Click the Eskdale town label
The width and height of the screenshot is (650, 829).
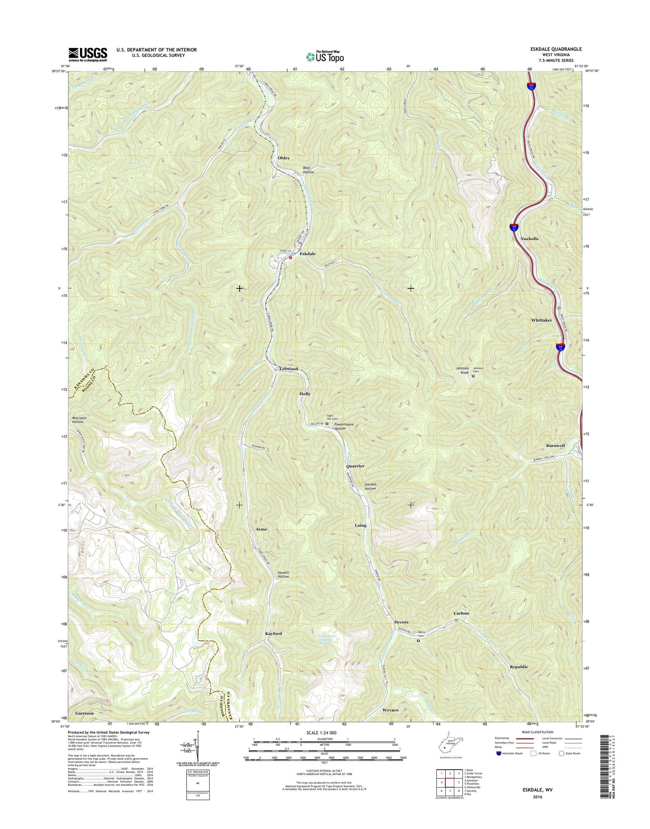tap(307, 254)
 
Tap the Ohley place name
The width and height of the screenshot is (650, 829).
tap(283, 158)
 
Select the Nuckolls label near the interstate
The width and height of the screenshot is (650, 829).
tap(529, 239)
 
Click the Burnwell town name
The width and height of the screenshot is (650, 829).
tap(555, 446)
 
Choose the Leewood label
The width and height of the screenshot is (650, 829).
tap(288, 369)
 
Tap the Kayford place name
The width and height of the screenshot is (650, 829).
tap(273, 634)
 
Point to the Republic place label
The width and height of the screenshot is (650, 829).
tap(519, 667)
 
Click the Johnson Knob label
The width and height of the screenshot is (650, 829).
tap(462, 370)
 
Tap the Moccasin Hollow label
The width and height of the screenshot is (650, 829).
tap(78, 420)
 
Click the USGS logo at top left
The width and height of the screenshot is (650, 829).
tap(88, 54)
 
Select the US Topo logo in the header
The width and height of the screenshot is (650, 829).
tap(325, 56)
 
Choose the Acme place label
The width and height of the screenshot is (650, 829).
tap(261, 529)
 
